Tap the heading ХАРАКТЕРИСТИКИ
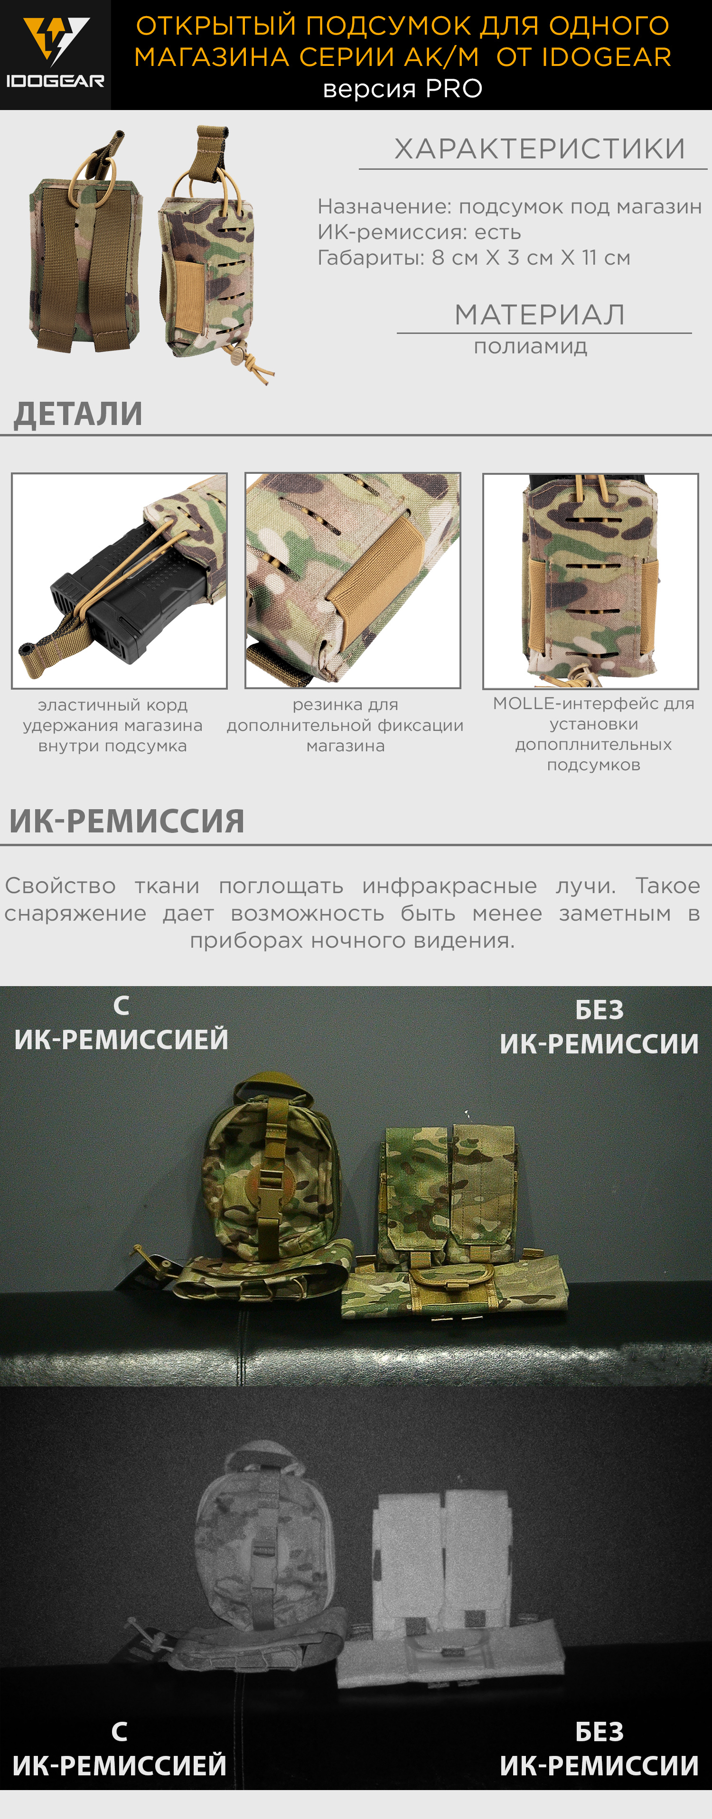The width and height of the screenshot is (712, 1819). (x=540, y=149)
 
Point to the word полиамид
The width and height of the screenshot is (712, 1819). (x=531, y=347)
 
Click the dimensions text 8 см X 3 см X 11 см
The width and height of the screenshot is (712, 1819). (x=531, y=258)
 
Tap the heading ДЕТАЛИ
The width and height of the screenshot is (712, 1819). (x=78, y=414)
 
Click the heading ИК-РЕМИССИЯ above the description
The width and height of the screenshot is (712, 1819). (x=127, y=821)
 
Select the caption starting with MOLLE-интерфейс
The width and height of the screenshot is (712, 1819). (x=593, y=734)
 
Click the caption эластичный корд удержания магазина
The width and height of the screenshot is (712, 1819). (x=112, y=725)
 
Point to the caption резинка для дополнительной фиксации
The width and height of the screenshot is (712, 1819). (x=346, y=725)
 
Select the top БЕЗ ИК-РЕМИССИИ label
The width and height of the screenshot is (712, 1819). (x=599, y=1027)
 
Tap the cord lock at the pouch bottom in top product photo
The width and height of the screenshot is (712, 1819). (x=237, y=351)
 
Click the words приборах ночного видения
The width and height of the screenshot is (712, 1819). (x=352, y=941)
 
